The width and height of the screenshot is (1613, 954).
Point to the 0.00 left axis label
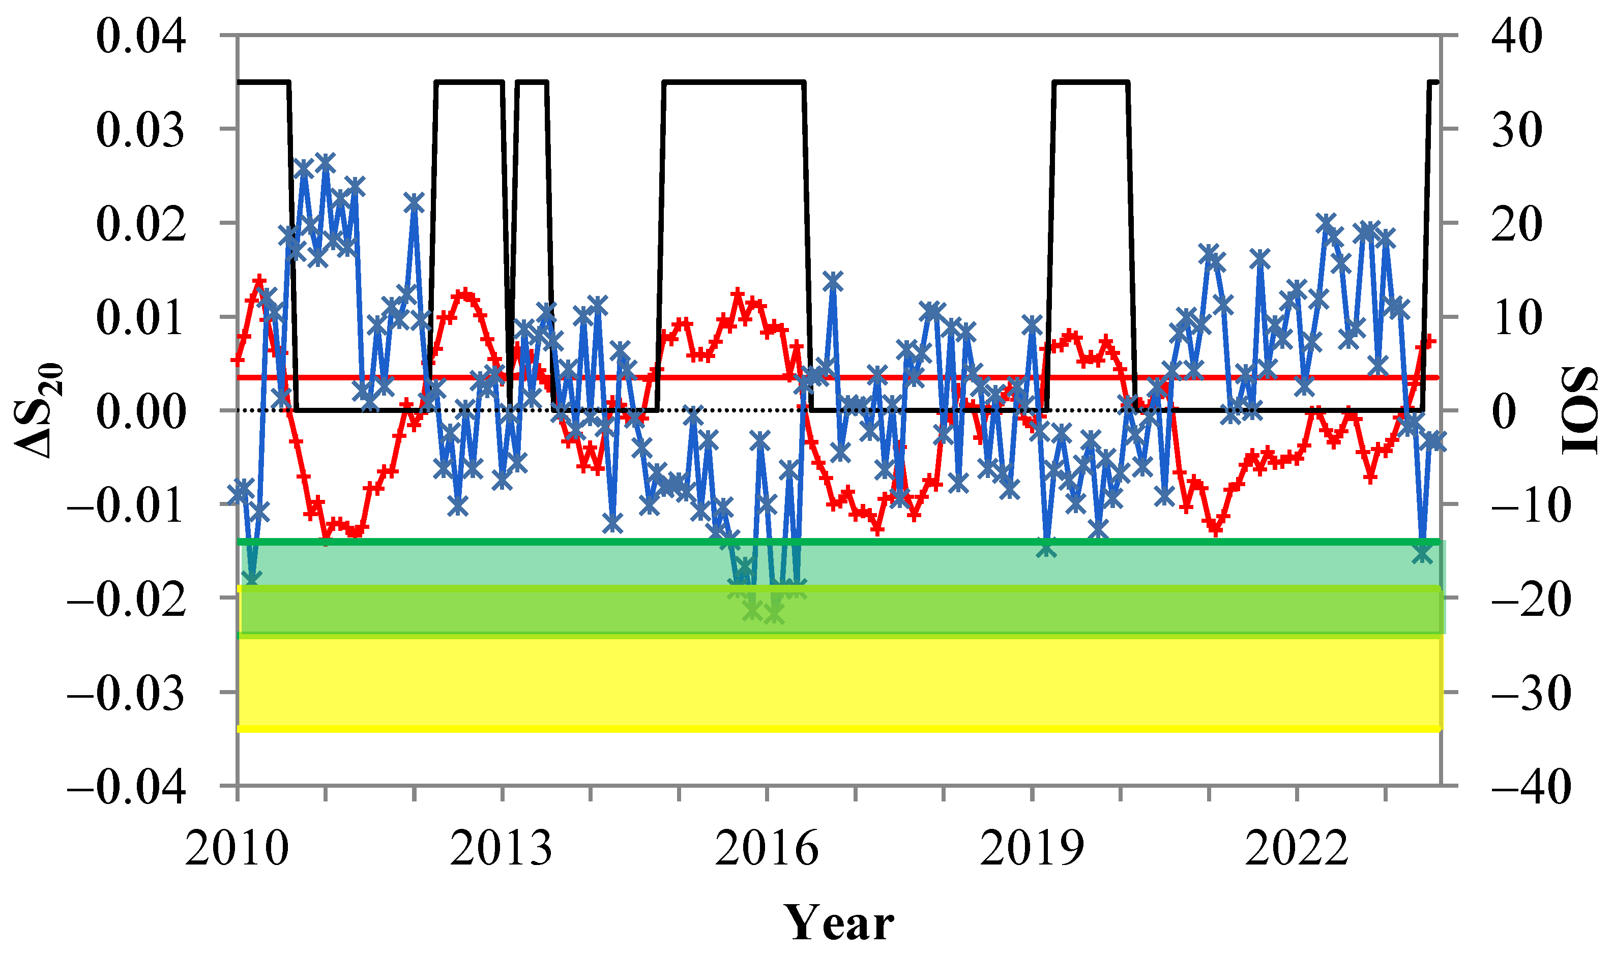pyautogui.click(x=141, y=411)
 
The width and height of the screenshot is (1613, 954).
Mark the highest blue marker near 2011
pyautogui.click(x=326, y=162)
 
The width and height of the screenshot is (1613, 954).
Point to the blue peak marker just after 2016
pyautogui.click(x=833, y=281)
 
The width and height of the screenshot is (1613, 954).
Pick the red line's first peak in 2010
pyautogui.click(x=259, y=280)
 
